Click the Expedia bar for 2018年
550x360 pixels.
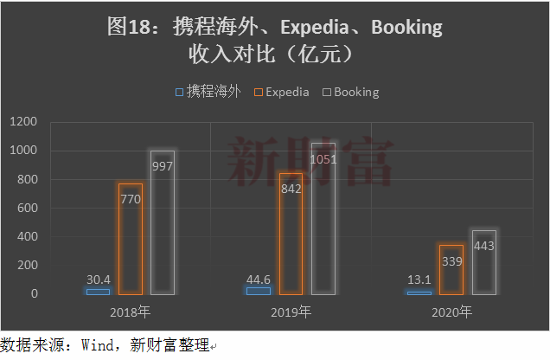tap(131, 239)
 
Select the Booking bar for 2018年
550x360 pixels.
tap(163, 222)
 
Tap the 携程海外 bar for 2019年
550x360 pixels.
tap(258, 291)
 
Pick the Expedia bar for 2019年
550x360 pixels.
tap(291, 234)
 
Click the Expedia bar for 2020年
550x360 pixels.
tap(451, 270)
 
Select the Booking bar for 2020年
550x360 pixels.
tap(484, 262)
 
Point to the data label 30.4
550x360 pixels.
tap(98, 280)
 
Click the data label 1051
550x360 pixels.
tap(323, 159)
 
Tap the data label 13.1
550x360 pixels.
tap(419, 280)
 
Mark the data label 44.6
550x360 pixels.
tap(258, 280)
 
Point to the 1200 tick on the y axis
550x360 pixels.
tap(24, 122)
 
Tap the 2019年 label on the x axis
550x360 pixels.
tap(291, 312)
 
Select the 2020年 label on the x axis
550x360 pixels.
tap(451, 312)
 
